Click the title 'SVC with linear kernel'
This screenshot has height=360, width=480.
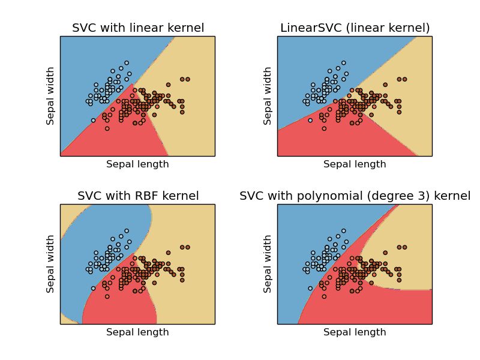click(137, 28)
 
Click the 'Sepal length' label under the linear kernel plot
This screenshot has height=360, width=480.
click(137, 164)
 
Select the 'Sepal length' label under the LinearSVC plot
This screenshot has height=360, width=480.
click(355, 164)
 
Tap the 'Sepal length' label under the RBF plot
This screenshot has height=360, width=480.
click(137, 332)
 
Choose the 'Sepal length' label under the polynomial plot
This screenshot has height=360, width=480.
click(355, 332)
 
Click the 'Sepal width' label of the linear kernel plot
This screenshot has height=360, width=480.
click(51, 96)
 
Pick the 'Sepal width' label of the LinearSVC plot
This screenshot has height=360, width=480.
click(268, 96)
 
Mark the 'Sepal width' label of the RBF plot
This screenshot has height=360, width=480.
click(51, 264)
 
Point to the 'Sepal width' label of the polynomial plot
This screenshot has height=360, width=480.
click(268, 264)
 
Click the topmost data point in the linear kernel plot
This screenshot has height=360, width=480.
click(126, 62)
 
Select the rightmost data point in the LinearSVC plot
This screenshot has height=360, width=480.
click(405, 79)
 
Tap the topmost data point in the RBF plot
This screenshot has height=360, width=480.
click(126, 230)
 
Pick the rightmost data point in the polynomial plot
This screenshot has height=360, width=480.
click(405, 247)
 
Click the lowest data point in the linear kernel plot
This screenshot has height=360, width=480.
click(107, 128)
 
